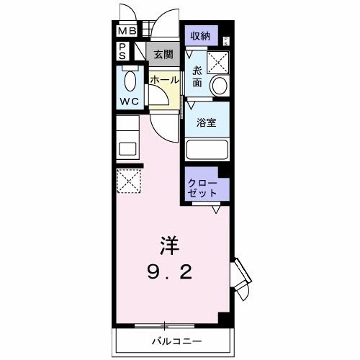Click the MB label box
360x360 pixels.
127,31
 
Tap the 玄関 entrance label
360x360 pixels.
163,54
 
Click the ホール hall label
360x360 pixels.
164,81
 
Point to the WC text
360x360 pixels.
130,102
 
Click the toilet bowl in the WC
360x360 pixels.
130,80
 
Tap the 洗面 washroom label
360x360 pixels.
197,76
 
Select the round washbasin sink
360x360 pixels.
220,86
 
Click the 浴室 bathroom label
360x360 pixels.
206,122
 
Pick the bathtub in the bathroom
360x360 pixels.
207,150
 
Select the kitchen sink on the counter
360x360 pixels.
127,150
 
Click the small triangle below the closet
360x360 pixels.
217,210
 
